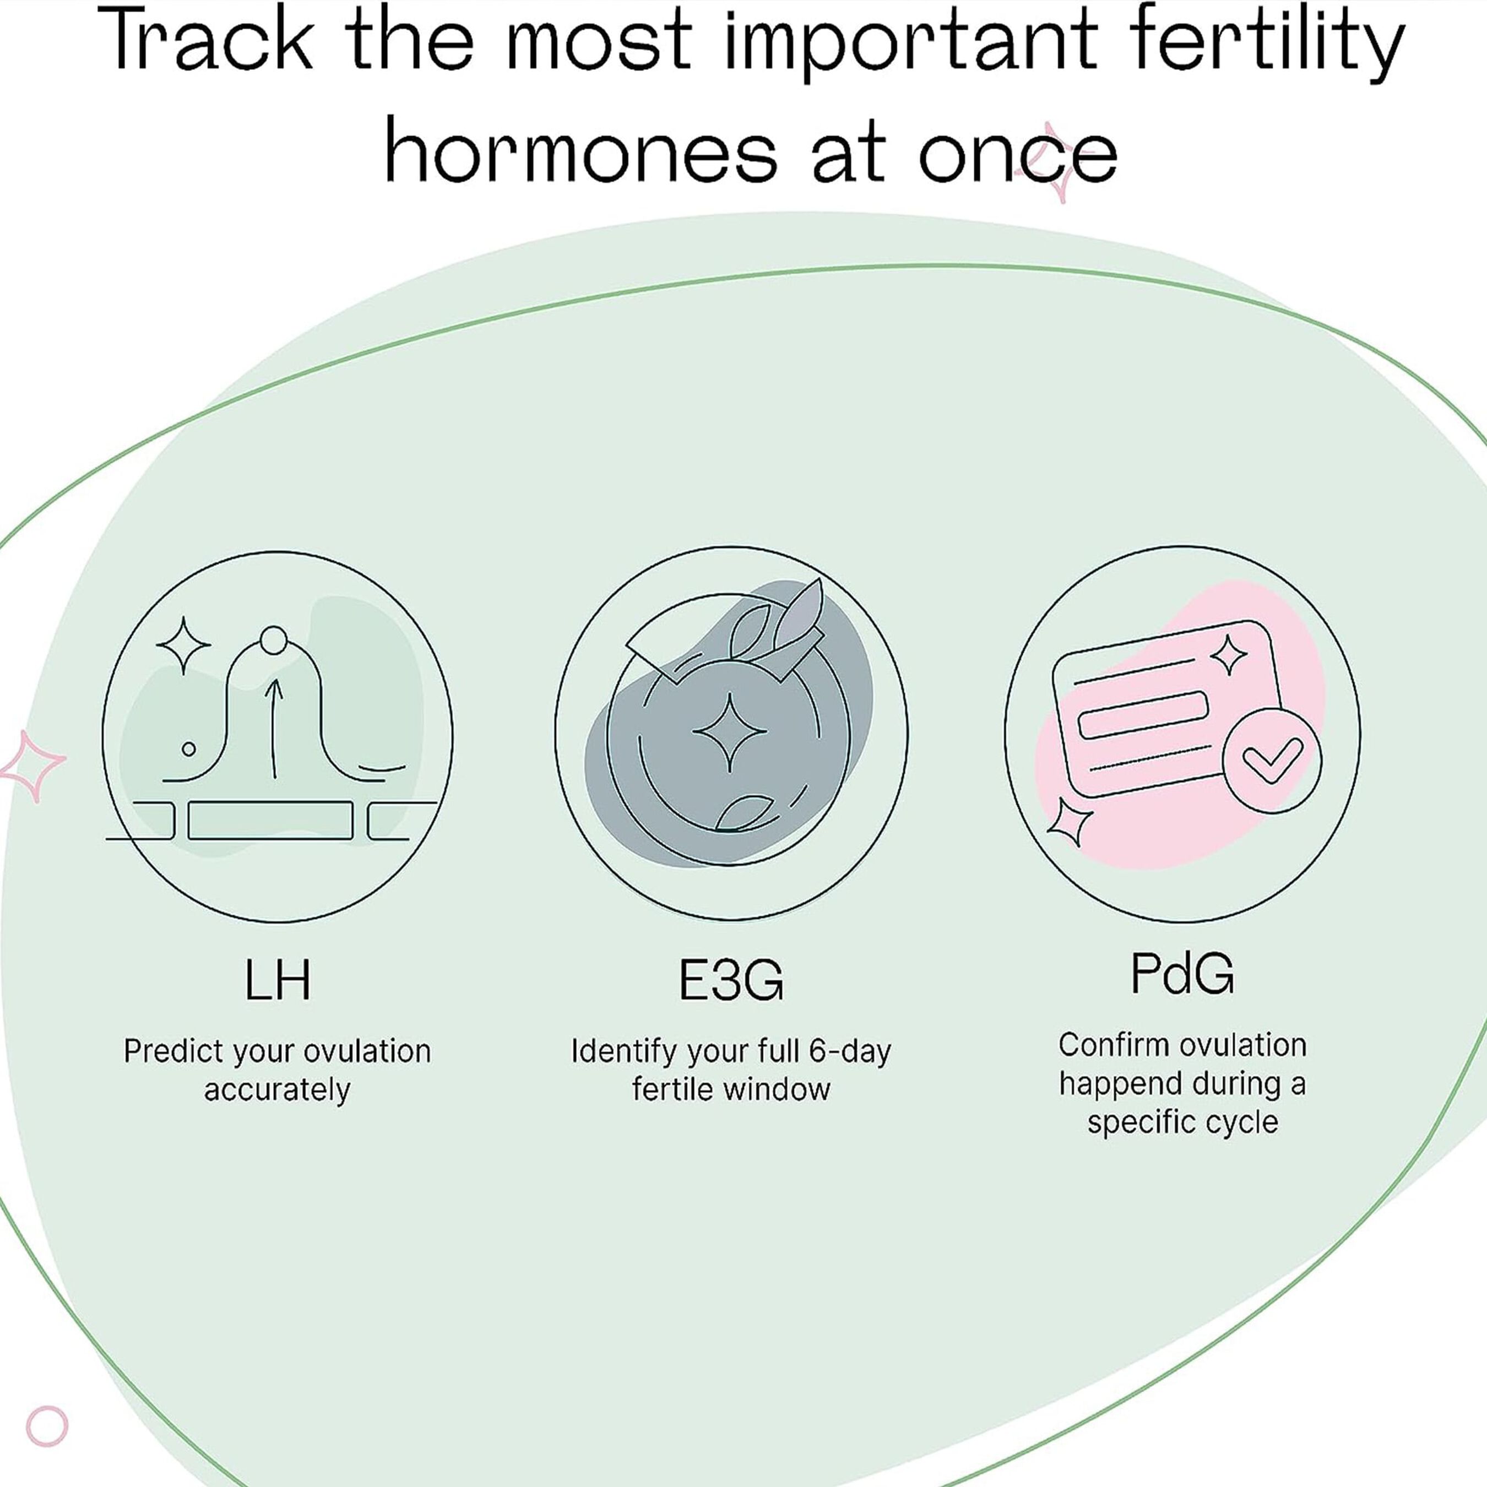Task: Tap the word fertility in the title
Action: click(x=1263, y=42)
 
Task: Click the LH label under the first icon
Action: click(x=277, y=980)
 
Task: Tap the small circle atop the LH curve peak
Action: click(x=273, y=641)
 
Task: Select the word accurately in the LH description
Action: click(x=277, y=1090)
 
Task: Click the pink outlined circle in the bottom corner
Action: click(x=47, y=1426)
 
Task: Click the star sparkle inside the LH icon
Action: click(x=183, y=645)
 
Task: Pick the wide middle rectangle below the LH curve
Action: click(x=270, y=821)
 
